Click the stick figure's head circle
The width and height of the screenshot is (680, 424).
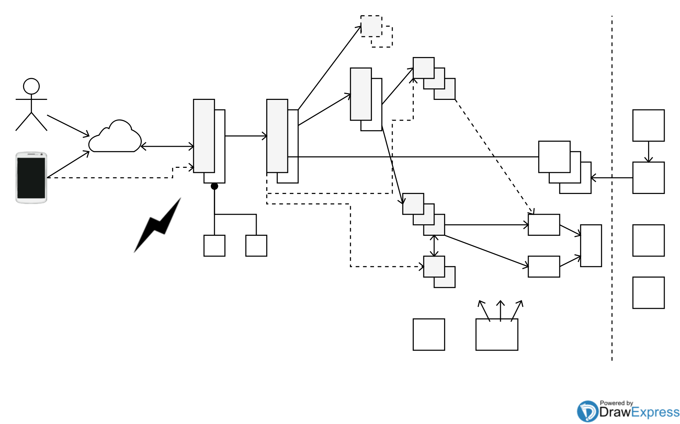coord(31,86)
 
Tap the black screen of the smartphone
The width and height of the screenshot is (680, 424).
coord(31,178)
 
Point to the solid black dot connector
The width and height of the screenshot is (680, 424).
coord(214,186)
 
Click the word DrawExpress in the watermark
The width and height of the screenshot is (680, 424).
coord(639,412)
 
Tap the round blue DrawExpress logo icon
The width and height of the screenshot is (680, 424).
coord(587,411)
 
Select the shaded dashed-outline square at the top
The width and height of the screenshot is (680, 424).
coord(371,26)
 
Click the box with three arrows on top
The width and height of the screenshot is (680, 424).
coord(497,335)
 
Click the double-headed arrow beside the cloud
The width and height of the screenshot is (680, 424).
coord(167,146)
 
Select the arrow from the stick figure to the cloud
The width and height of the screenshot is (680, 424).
coord(68,126)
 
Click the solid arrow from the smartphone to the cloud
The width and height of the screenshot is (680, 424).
coord(68,164)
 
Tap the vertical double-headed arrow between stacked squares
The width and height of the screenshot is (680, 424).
coord(434,246)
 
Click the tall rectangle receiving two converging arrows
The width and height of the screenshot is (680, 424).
coord(591,246)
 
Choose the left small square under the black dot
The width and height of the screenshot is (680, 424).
coord(214,246)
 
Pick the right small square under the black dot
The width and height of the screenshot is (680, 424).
coord(256,246)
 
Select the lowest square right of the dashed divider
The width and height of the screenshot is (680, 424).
coord(648,293)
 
